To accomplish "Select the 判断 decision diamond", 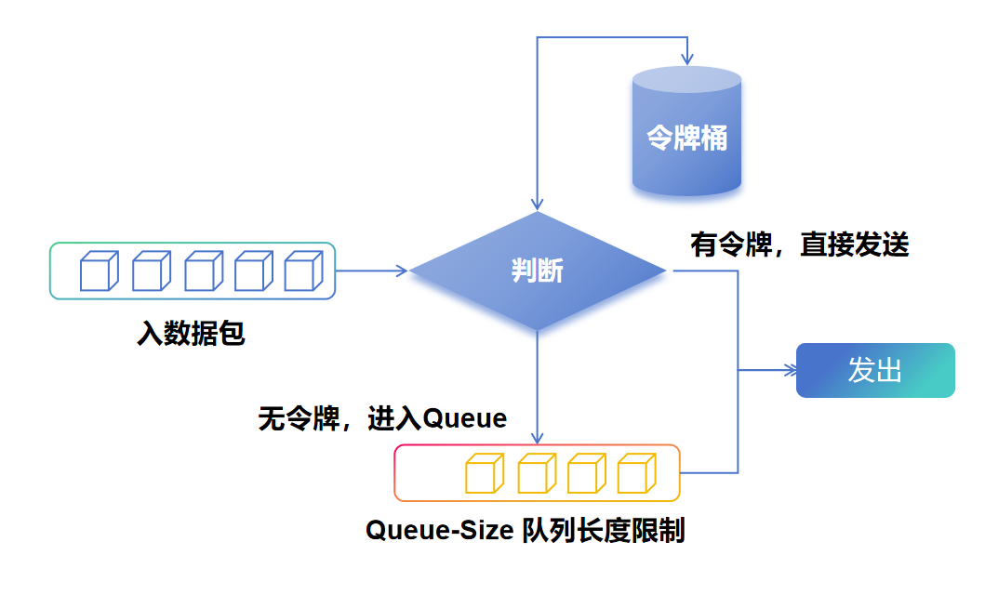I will point(538,271).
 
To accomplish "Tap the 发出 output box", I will point(875,370).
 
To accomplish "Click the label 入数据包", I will point(191,333).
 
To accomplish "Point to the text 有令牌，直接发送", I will point(799,245).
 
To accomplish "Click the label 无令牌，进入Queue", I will point(382,419).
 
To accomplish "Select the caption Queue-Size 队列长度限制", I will point(525,530).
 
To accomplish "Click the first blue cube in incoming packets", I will point(100,271).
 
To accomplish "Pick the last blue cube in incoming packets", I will point(302,271).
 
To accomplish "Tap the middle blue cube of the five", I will point(203,271).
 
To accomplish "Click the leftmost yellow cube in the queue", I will point(484,473).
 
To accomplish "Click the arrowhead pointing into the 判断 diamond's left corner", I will point(402,271).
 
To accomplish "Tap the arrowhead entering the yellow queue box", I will point(537,438).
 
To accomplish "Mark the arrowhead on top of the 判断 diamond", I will point(537,205).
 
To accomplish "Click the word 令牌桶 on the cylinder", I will point(686,138).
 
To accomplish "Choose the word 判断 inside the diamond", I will point(538,271).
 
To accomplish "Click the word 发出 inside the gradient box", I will point(875,370).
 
